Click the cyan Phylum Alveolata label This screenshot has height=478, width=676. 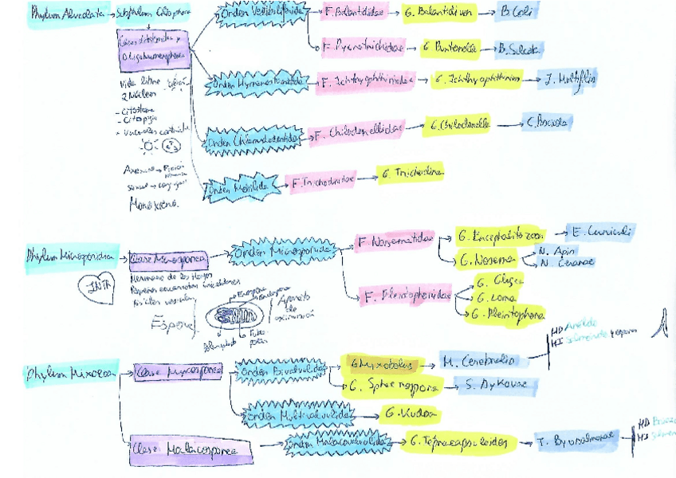[68, 14]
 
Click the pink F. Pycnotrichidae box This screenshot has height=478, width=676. [362, 48]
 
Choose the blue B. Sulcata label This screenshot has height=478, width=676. [519, 49]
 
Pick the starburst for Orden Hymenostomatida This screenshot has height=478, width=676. [259, 81]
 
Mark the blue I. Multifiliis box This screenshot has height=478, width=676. [567, 79]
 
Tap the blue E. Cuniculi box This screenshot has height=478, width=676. [599, 233]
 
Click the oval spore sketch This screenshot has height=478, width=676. [238, 316]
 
